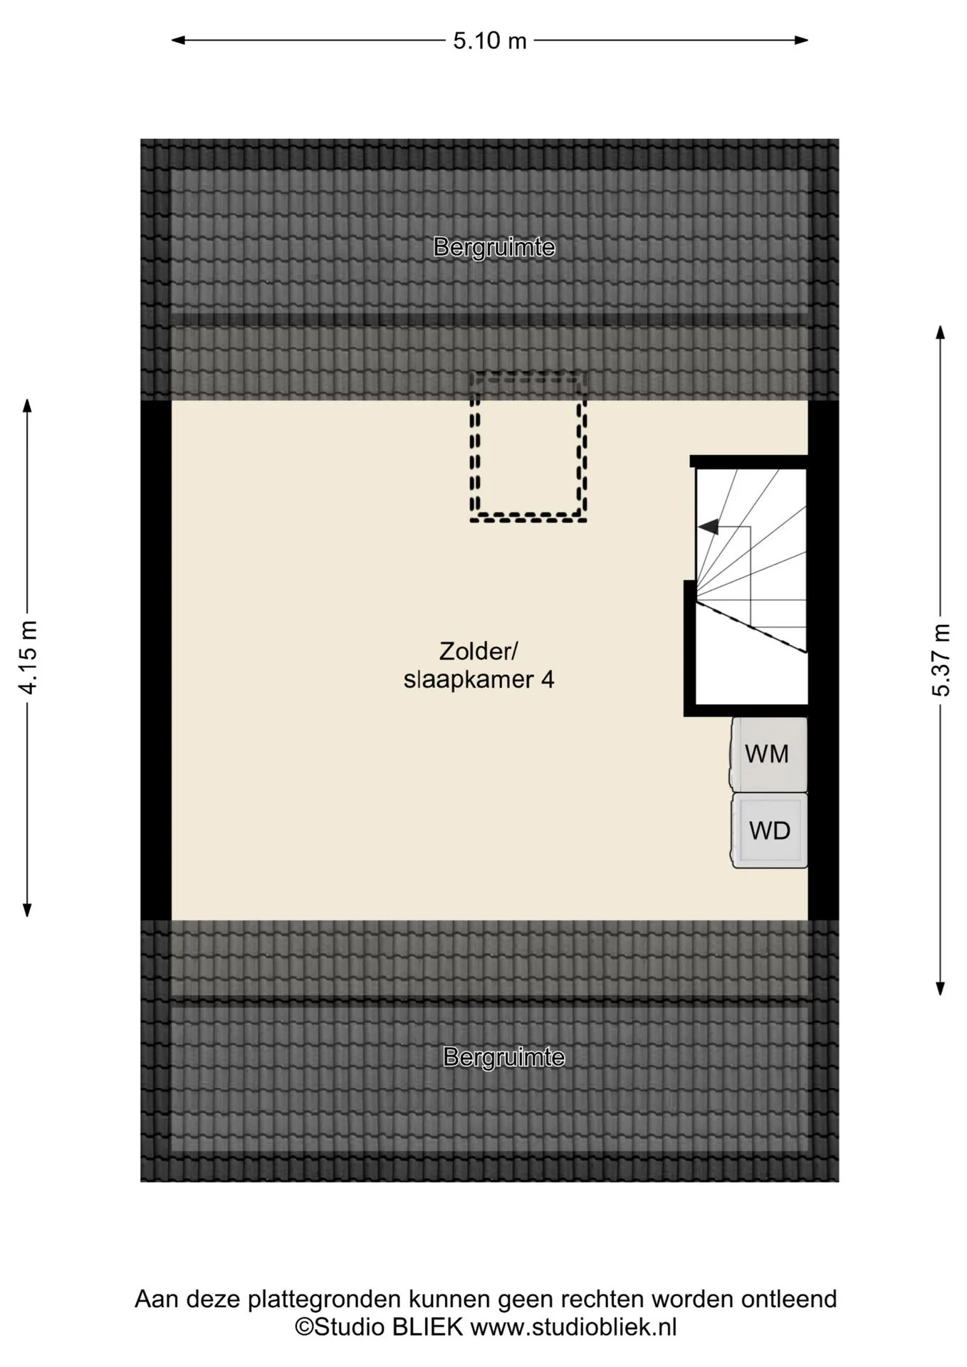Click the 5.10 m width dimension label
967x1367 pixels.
490,41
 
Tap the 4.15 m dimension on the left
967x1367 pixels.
28,656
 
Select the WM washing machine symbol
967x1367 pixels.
768,754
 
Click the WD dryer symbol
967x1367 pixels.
770,830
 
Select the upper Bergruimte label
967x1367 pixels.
494,248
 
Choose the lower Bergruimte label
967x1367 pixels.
503,1057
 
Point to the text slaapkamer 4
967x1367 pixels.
479,680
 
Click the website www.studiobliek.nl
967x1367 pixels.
573,1327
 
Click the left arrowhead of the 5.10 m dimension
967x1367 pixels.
178,41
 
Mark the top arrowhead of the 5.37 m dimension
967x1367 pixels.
941,332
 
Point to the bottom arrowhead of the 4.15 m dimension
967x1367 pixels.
27,910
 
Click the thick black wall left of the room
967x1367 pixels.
156,660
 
